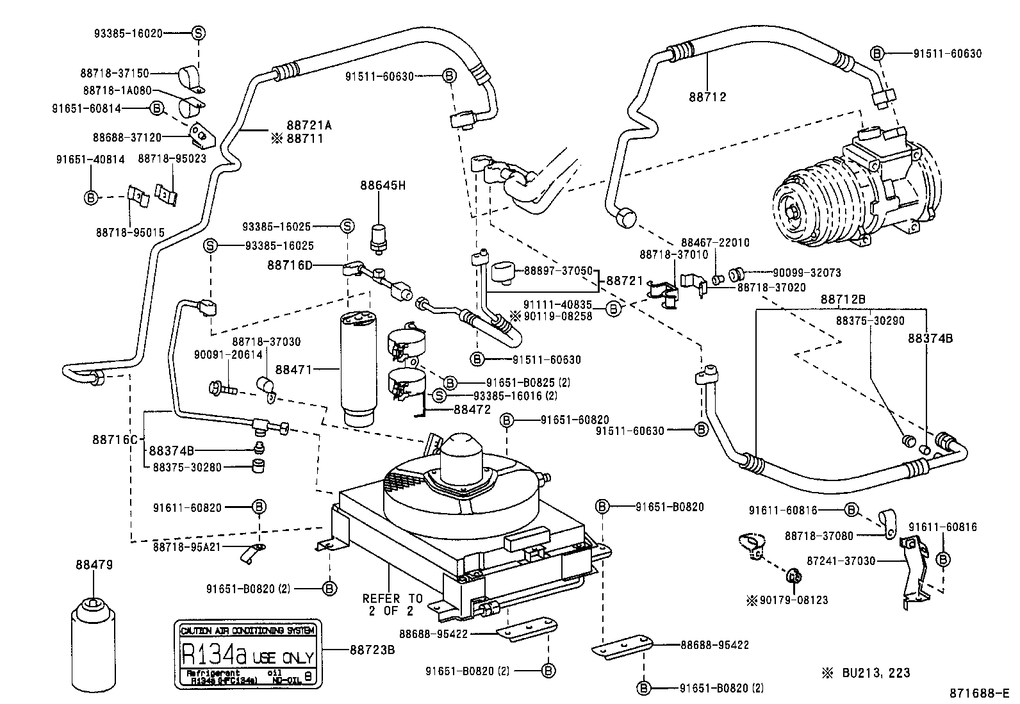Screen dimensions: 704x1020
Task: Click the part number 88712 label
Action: tap(707, 97)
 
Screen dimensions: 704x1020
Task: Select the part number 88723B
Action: tap(372, 650)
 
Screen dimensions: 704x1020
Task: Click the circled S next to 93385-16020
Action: tap(197, 33)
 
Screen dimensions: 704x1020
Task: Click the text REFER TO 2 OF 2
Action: tap(392, 604)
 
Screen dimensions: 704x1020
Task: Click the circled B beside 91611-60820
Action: tap(259, 507)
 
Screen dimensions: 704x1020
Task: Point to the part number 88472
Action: tap(472, 409)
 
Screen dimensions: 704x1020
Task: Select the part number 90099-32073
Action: tap(787, 272)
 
